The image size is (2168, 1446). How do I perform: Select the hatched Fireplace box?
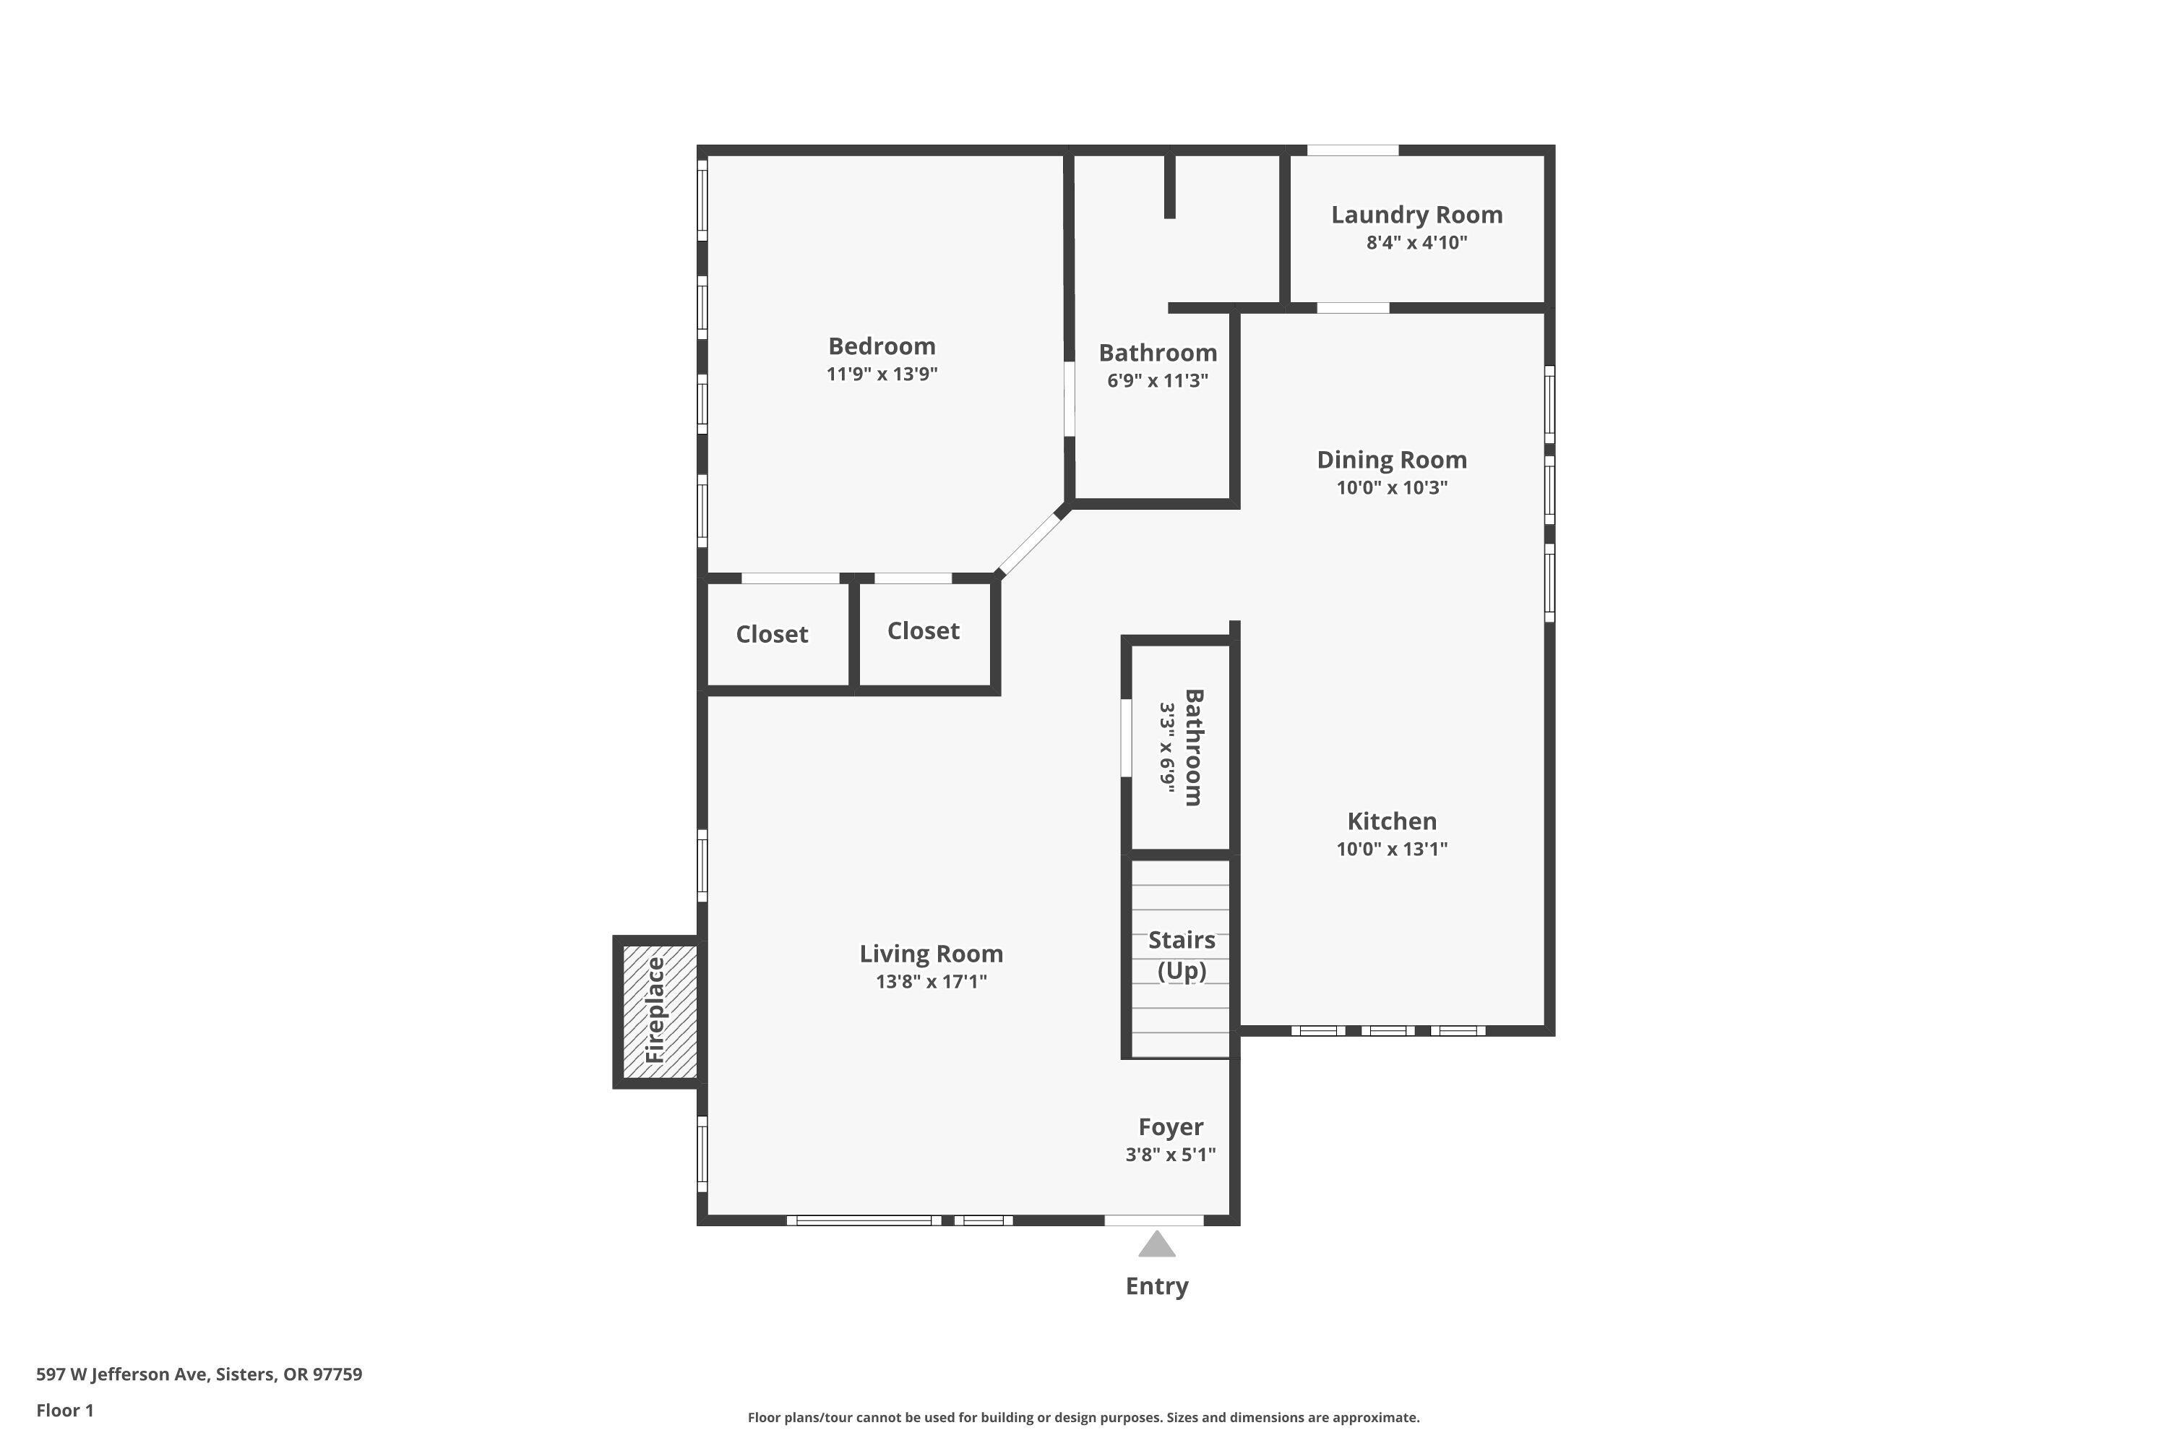657,1011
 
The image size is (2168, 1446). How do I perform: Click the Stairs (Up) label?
1181,954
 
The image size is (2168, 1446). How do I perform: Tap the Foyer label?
1170,1127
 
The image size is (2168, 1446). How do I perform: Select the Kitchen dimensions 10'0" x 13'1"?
1391,850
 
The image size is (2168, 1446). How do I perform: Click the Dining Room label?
1391,460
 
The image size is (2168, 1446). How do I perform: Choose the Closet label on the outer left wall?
772,635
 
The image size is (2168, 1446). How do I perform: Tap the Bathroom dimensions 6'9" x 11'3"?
1157,381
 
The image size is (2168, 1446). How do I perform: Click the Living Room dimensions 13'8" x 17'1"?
931,982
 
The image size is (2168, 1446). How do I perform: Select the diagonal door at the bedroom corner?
1031,544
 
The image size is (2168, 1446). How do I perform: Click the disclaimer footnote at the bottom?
1083,1417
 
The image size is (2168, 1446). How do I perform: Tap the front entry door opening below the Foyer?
1153,1220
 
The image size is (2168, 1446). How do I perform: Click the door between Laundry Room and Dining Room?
1352,308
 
